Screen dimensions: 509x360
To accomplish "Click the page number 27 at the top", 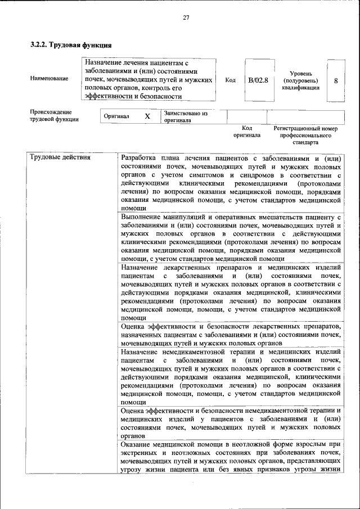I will point(186,17).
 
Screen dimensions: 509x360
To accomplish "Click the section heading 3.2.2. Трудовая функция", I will point(71,44).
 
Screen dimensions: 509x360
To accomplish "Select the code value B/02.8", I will point(258,80).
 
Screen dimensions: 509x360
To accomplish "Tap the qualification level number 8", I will point(335,80).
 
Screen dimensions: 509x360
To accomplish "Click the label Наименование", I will point(49,79).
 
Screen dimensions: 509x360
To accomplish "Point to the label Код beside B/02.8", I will point(230,80).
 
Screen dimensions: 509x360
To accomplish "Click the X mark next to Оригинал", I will point(147,116).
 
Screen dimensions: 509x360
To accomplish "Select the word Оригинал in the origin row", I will point(117,116).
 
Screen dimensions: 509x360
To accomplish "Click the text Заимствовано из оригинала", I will point(186,116).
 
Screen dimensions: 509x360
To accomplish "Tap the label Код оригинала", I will point(247,132).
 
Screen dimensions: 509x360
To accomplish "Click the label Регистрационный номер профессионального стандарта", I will point(305,135).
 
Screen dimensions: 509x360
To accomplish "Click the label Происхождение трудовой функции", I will point(55,115).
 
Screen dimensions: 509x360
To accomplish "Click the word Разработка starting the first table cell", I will point(139,157).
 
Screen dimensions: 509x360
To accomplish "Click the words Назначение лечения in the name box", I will point(119,63).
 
